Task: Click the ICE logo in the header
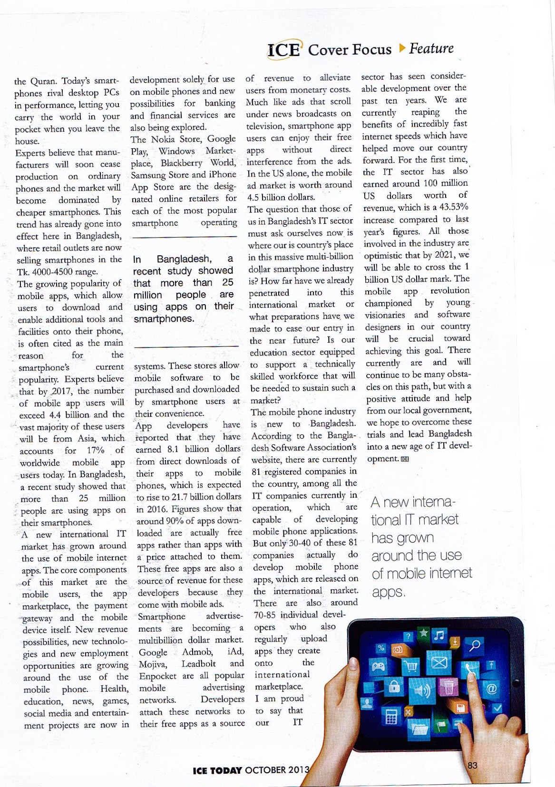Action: click(x=283, y=50)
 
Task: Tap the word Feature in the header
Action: click(x=431, y=48)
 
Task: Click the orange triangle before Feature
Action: click(x=402, y=48)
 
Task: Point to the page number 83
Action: click(x=472, y=766)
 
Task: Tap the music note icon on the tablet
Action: click(x=439, y=635)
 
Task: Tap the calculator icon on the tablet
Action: click(x=391, y=718)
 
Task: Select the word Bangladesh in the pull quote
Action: click(x=184, y=259)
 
